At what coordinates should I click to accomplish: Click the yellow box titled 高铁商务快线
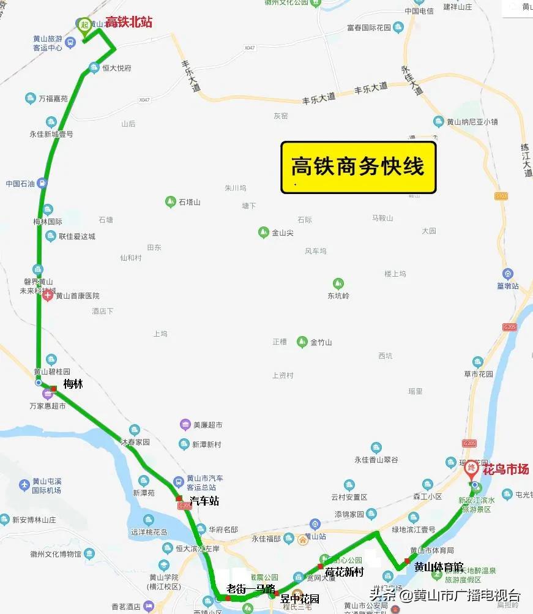click(358, 167)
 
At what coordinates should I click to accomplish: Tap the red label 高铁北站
click(129, 23)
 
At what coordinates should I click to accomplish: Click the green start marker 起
click(84, 25)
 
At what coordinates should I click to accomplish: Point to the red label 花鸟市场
click(506, 470)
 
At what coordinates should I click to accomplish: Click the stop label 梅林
click(73, 384)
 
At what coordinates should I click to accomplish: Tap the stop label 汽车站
click(204, 501)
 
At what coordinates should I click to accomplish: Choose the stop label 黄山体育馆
click(438, 567)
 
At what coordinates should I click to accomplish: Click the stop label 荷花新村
click(345, 572)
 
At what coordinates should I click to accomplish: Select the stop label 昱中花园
click(299, 598)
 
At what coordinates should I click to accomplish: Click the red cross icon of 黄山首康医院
click(48, 296)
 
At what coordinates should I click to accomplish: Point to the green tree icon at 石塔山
click(171, 201)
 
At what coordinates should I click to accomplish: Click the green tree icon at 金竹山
click(302, 342)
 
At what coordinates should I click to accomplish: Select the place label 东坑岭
click(338, 296)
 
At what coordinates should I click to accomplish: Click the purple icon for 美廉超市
click(185, 425)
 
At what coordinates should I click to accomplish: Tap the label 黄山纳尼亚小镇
click(472, 121)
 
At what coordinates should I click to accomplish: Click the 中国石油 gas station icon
click(41, 183)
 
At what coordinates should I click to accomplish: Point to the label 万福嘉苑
click(53, 98)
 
